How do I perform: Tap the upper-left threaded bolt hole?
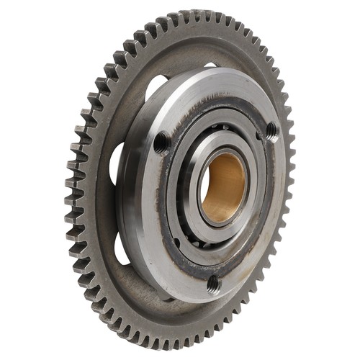(163, 142)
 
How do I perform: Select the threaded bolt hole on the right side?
(271, 131)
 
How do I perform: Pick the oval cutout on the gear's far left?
(114, 162)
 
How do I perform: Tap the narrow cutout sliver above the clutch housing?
(211, 66)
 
